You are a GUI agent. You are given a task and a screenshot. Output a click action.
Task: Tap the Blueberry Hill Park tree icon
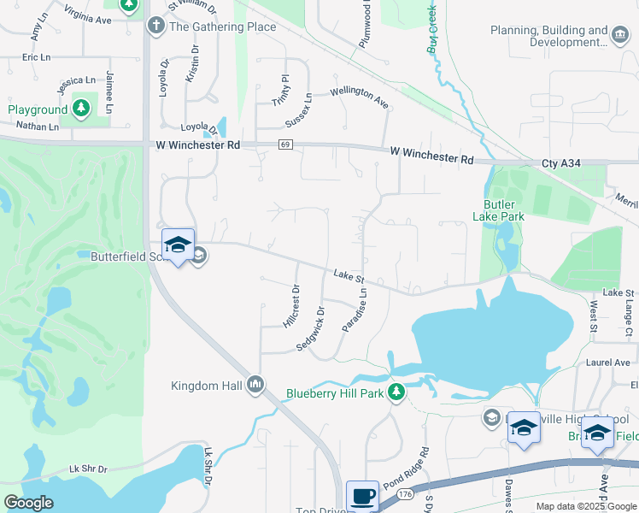(396, 392)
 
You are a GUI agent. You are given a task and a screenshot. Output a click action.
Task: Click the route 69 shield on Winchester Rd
(284, 145)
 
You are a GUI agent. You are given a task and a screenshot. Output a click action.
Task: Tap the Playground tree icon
(80, 109)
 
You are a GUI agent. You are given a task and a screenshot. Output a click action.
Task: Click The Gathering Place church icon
(155, 26)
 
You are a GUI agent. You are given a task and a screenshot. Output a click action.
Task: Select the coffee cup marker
(361, 495)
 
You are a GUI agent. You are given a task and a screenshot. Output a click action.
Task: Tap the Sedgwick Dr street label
(310, 328)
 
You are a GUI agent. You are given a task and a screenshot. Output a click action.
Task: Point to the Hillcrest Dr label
(290, 306)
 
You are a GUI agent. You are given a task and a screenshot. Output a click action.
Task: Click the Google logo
(28, 504)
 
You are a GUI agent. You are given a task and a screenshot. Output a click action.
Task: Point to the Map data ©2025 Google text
(585, 506)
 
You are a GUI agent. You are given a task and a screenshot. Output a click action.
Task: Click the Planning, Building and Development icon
(619, 34)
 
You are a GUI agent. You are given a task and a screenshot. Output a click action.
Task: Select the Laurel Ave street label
(607, 363)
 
